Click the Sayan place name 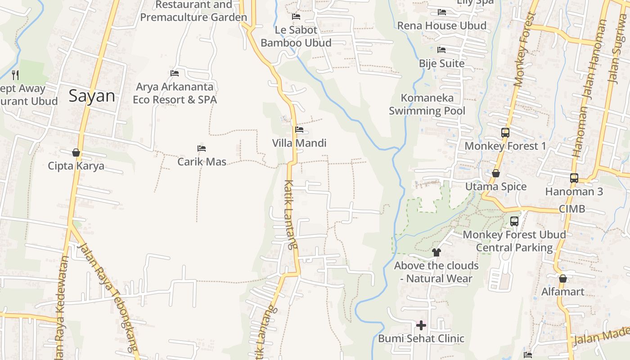pyautogui.click(x=92, y=96)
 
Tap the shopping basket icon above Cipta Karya pyautogui.click(x=76, y=153)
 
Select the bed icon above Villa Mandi pyautogui.click(x=299, y=130)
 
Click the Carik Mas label pyautogui.click(x=202, y=162)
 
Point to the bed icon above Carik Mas pyautogui.click(x=202, y=148)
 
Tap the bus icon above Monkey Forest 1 pyautogui.click(x=505, y=133)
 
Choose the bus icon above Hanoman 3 pyautogui.click(x=574, y=178)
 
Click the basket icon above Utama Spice pyautogui.click(x=495, y=173)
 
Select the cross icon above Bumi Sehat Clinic pyautogui.click(x=421, y=325)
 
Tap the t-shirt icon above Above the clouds pyautogui.click(x=436, y=252)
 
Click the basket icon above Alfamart pyautogui.click(x=562, y=279)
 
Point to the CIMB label pyautogui.click(x=572, y=209)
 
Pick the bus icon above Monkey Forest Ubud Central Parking pyautogui.click(x=514, y=221)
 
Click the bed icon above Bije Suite pyautogui.click(x=441, y=50)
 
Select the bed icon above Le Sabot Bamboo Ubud pyautogui.click(x=296, y=17)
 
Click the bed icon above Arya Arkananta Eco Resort pyautogui.click(x=175, y=73)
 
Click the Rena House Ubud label pyautogui.click(x=441, y=26)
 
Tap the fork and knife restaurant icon pyautogui.click(x=15, y=75)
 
